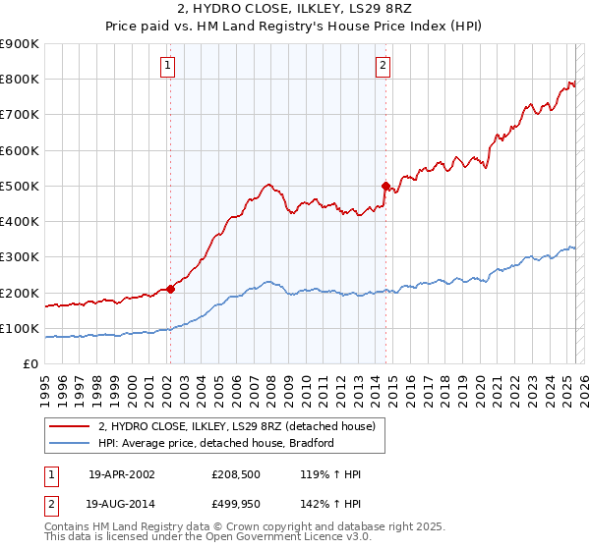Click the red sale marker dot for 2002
point(170,289)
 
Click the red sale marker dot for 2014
point(385,185)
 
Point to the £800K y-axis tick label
point(20,80)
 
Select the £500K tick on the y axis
point(20,186)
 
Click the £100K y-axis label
point(20,328)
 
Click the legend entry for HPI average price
point(216,444)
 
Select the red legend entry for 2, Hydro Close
point(236,426)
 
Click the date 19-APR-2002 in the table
point(122,474)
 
